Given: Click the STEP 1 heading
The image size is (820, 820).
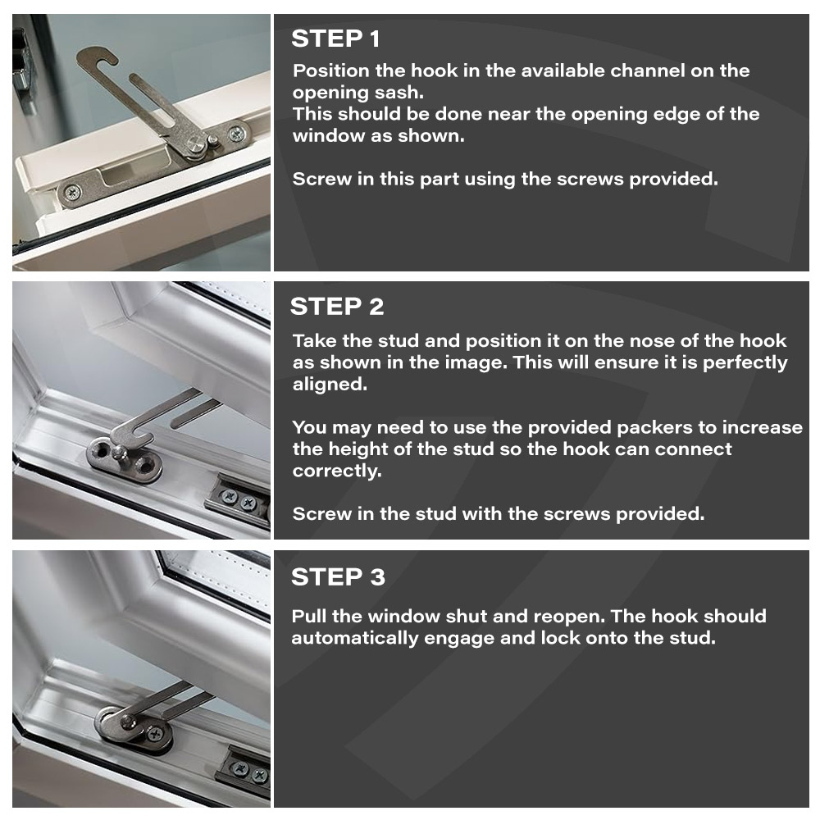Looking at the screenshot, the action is click(335, 39).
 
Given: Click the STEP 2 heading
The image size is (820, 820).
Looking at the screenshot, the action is click(337, 307).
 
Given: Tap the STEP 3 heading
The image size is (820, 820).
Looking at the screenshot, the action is click(338, 577).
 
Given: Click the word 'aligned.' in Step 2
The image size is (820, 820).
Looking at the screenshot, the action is click(330, 385).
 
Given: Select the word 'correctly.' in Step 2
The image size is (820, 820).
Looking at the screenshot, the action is click(337, 471).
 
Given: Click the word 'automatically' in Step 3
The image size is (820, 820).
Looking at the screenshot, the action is click(354, 638).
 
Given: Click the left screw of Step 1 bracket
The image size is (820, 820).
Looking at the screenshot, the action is click(72, 192).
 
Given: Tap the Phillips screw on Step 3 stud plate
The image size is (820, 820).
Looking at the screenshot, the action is click(155, 733).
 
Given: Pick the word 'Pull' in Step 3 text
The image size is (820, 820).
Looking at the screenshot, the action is click(309, 617).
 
